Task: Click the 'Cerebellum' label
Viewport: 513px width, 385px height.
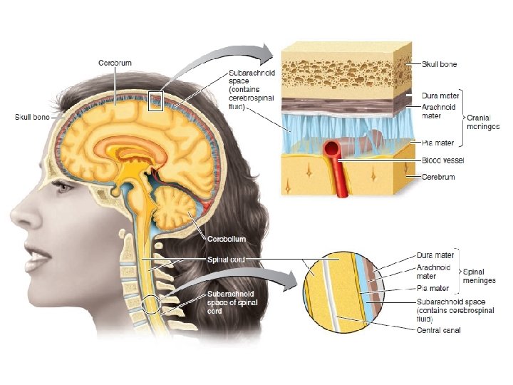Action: pos(227,238)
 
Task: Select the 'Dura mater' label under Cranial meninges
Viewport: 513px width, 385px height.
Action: pos(440,95)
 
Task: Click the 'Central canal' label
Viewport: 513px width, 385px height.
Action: pos(438,330)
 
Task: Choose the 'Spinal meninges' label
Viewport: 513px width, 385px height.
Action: pos(480,276)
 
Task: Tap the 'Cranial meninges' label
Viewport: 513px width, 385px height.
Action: pos(484,121)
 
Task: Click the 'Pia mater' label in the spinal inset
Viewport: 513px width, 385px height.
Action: pos(432,289)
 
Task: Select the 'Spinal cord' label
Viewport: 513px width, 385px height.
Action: pos(226,261)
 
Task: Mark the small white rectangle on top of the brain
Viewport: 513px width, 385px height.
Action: pos(157,102)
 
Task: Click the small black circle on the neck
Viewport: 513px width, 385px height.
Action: pos(152,306)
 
